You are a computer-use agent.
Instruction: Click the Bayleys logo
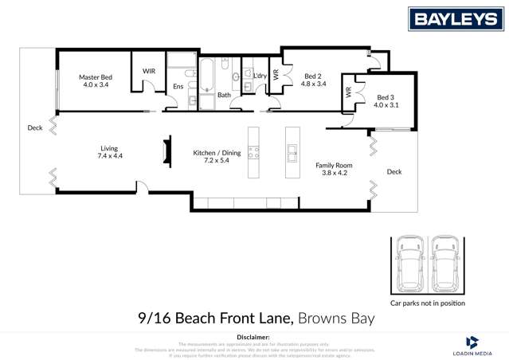click(x=456, y=20)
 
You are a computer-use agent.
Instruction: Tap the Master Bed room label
click(x=95, y=77)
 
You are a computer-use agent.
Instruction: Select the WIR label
click(x=149, y=71)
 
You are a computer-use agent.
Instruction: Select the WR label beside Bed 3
click(x=348, y=92)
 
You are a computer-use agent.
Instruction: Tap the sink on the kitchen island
click(x=292, y=150)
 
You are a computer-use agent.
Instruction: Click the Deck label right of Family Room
click(x=394, y=171)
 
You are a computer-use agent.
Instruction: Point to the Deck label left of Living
click(x=34, y=127)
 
